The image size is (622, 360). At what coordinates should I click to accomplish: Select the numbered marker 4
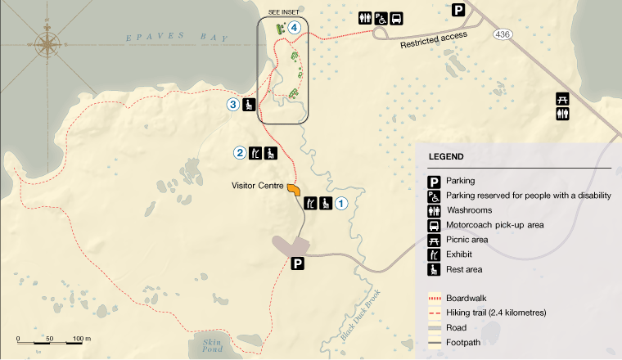(294, 27)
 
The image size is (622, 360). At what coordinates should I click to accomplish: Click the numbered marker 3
(233, 104)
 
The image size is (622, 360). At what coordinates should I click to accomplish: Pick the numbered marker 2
(240, 152)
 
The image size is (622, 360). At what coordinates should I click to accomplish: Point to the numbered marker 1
(342, 204)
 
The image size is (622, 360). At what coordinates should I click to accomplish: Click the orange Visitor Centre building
(293, 190)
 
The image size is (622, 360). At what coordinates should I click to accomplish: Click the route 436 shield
(502, 35)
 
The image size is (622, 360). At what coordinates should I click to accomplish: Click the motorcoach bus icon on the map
(396, 18)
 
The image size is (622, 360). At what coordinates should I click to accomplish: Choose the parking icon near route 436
(459, 10)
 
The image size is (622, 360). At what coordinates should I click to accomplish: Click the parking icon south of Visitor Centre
(299, 263)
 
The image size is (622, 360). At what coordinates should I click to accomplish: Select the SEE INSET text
(284, 11)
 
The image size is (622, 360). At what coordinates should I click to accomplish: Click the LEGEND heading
(445, 156)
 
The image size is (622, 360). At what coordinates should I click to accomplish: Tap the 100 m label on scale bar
(81, 338)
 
